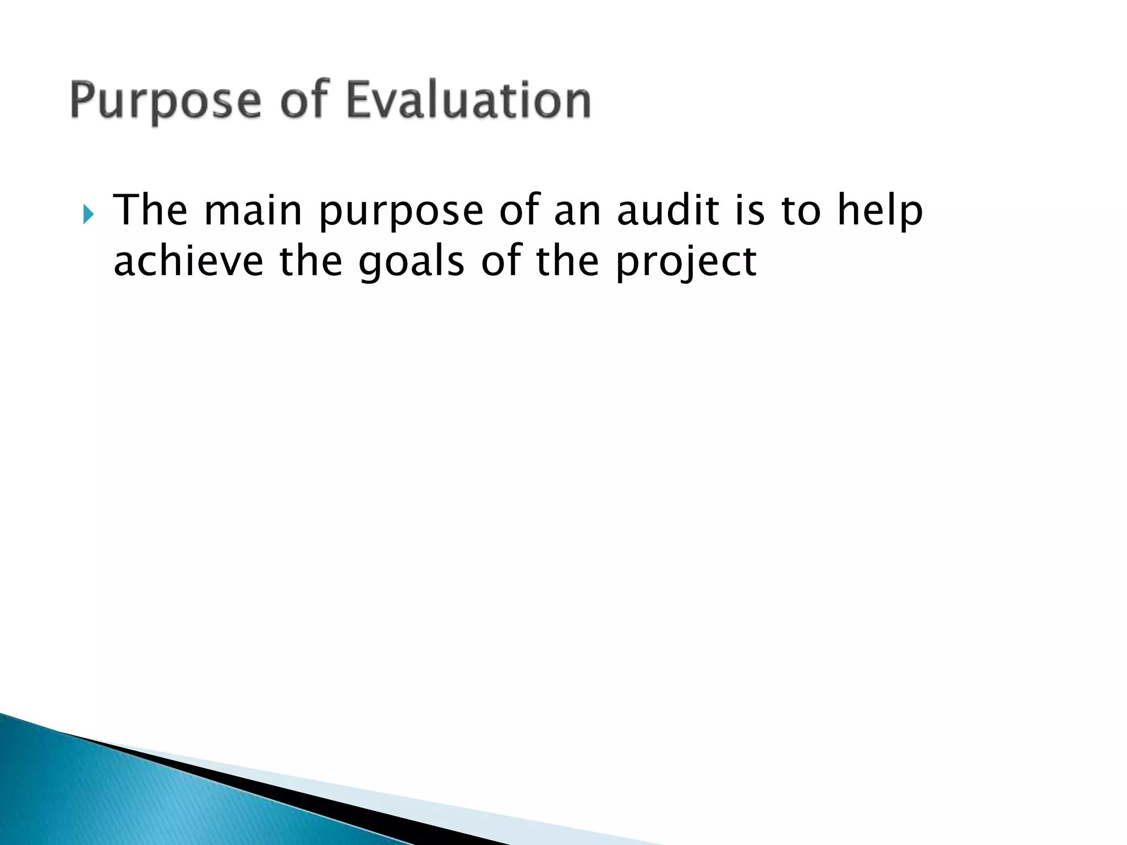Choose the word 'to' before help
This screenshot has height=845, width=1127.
coord(801,211)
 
